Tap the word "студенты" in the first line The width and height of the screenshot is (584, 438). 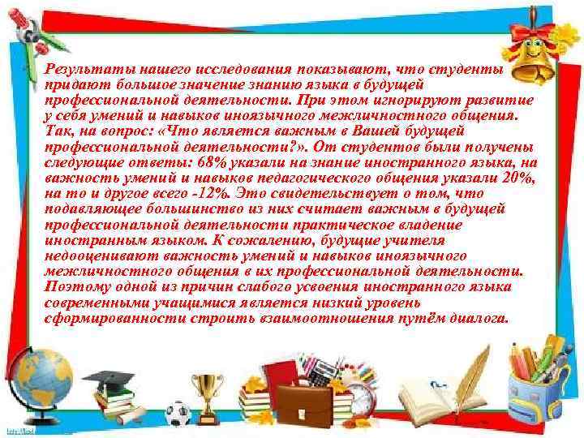(474, 71)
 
